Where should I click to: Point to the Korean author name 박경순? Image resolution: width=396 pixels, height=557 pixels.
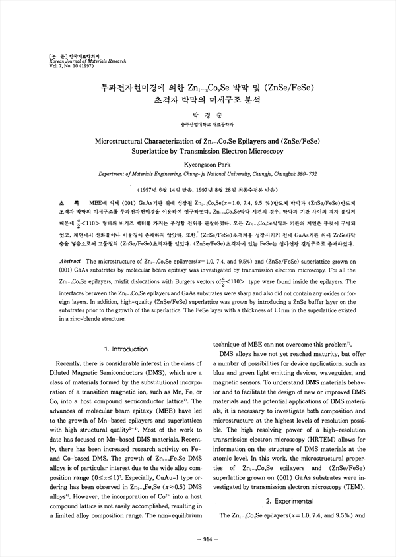click(197, 114)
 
